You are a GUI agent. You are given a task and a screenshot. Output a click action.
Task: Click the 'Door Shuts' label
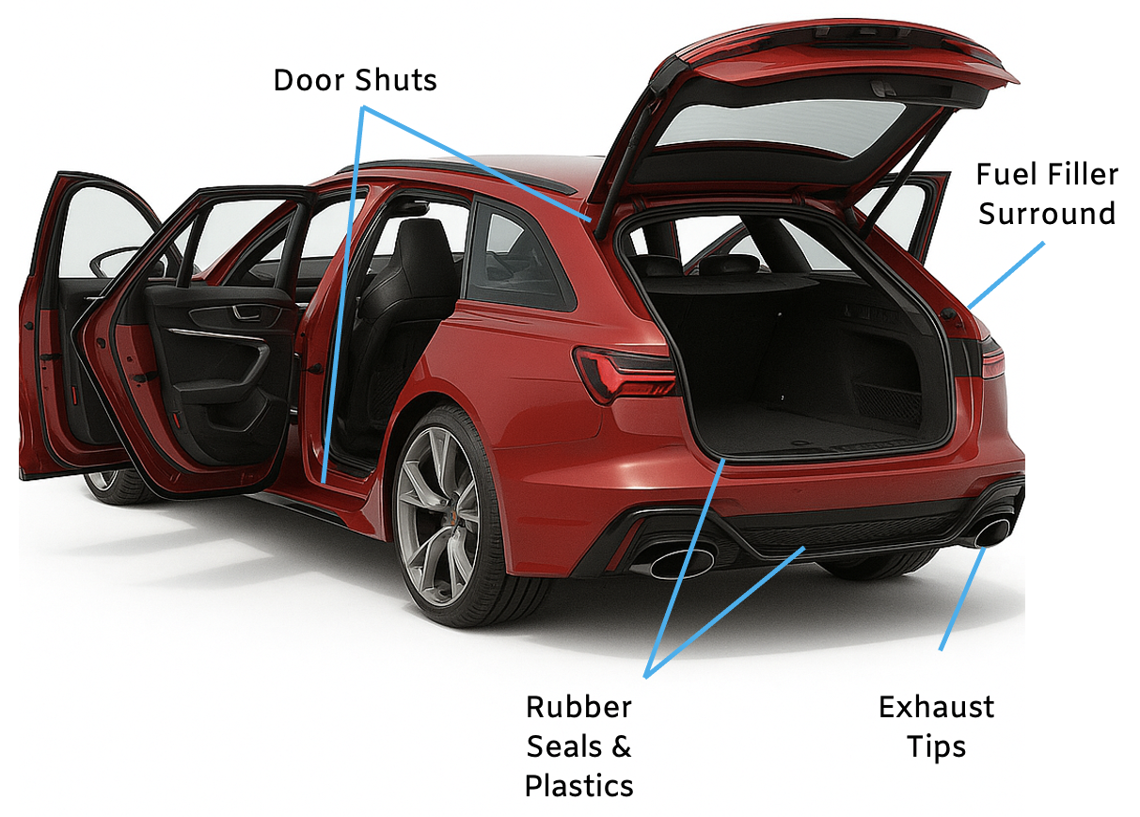pyautogui.click(x=355, y=80)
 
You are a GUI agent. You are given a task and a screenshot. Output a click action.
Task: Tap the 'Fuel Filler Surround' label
pyautogui.click(x=1047, y=194)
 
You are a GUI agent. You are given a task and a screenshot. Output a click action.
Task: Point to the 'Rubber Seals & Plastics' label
pyautogui.click(x=578, y=745)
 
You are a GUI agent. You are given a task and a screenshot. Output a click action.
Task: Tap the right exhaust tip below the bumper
pyautogui.click(x=992, y=531)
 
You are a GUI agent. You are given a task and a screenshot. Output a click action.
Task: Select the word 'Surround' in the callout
pyautogui.click(x=1047, y=214)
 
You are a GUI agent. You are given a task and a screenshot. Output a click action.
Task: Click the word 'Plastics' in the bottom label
pyautogui.click(x=578, y=785)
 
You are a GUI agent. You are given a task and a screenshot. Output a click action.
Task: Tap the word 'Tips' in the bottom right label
pyautogui.click(x=936, y=746)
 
